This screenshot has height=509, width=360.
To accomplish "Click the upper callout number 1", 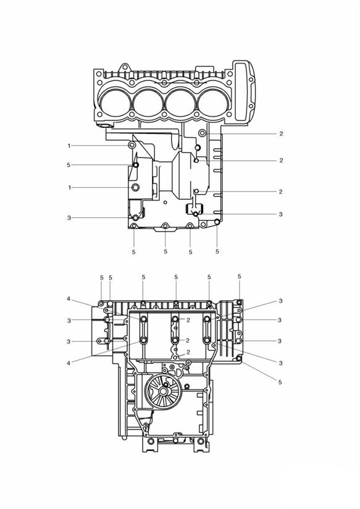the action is pyautogui.click(x=69, y=146).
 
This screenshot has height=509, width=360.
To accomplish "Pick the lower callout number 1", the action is pyautogui.click(x=69, y=188).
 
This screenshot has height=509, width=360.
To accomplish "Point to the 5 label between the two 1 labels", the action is pyautogui.click(x=69, y=165).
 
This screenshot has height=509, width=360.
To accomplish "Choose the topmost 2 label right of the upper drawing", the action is pyautogui.click(x=282, y=133).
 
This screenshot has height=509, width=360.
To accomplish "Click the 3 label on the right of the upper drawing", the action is pyautogui.click(x=281, y=214).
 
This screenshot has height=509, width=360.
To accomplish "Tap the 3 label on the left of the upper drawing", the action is pyautogui.click(x=69, y=218).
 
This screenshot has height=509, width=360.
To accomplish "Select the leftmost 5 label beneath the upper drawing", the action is pyautogui.click(x=134, y=252).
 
